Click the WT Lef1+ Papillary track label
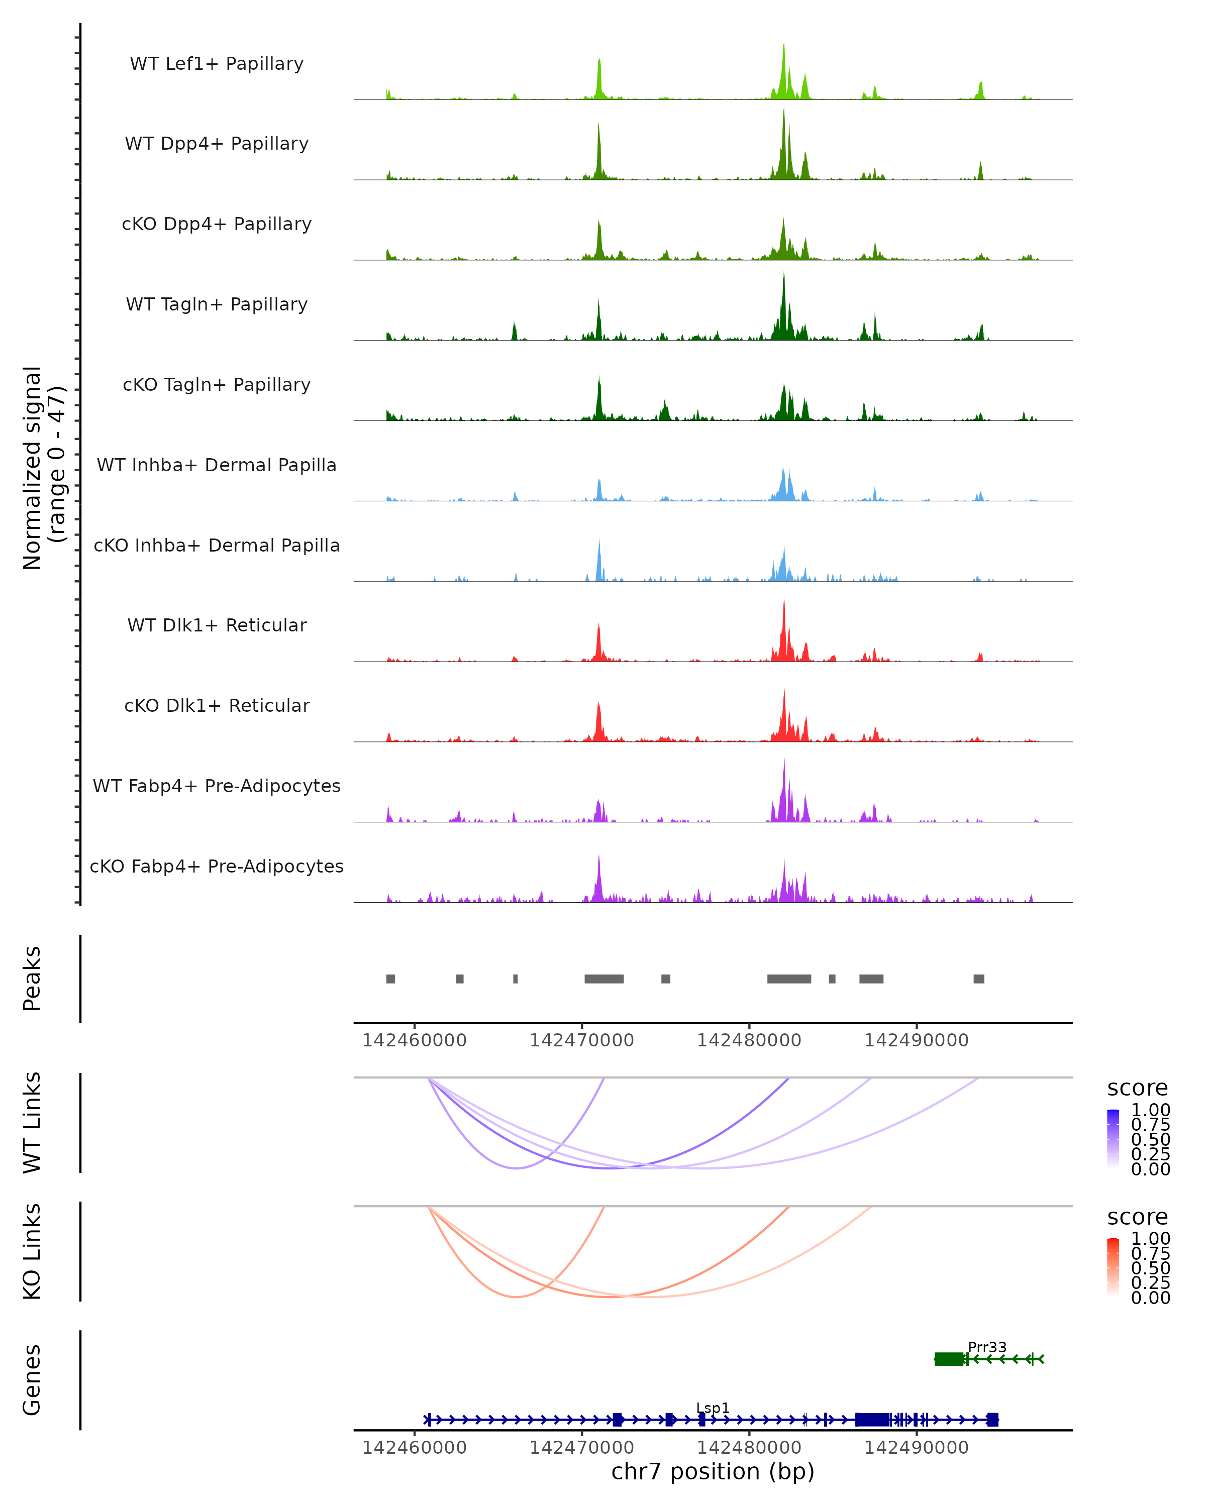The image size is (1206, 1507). pyautogui.click(x=217, y=64)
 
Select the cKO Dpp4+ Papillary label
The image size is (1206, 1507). pyautogui.click(x=217, y=224)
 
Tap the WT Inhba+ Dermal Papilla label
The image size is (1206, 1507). pyautogui.click(x=217, y=465)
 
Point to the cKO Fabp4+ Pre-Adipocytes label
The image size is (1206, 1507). pyautogui.click(x=217, y=866)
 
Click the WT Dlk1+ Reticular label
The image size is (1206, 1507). pyautogui.click(x=217, y=625)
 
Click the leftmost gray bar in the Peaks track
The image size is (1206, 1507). pyautogui.click(x=391, y=979)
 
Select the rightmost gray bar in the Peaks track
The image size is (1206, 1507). pyautogui.click(x=979, y=979)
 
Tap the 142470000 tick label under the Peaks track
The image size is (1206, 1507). pyautogui.click(x=582, y=1040)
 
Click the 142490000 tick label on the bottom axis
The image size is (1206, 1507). pyautogui.click(x=917, y=1448)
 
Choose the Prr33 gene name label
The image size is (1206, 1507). pyautogui.click(x=987, y=1347)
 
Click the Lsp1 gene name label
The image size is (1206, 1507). pyautogui.click(x=713, y=1408)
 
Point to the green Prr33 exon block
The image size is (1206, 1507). pyautogui.click(x=949, y=1359)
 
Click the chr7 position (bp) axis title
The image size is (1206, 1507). pyautogui.click(x=713, y=1472)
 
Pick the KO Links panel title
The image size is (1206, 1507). pyautogui.click(x=32, y=1251)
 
